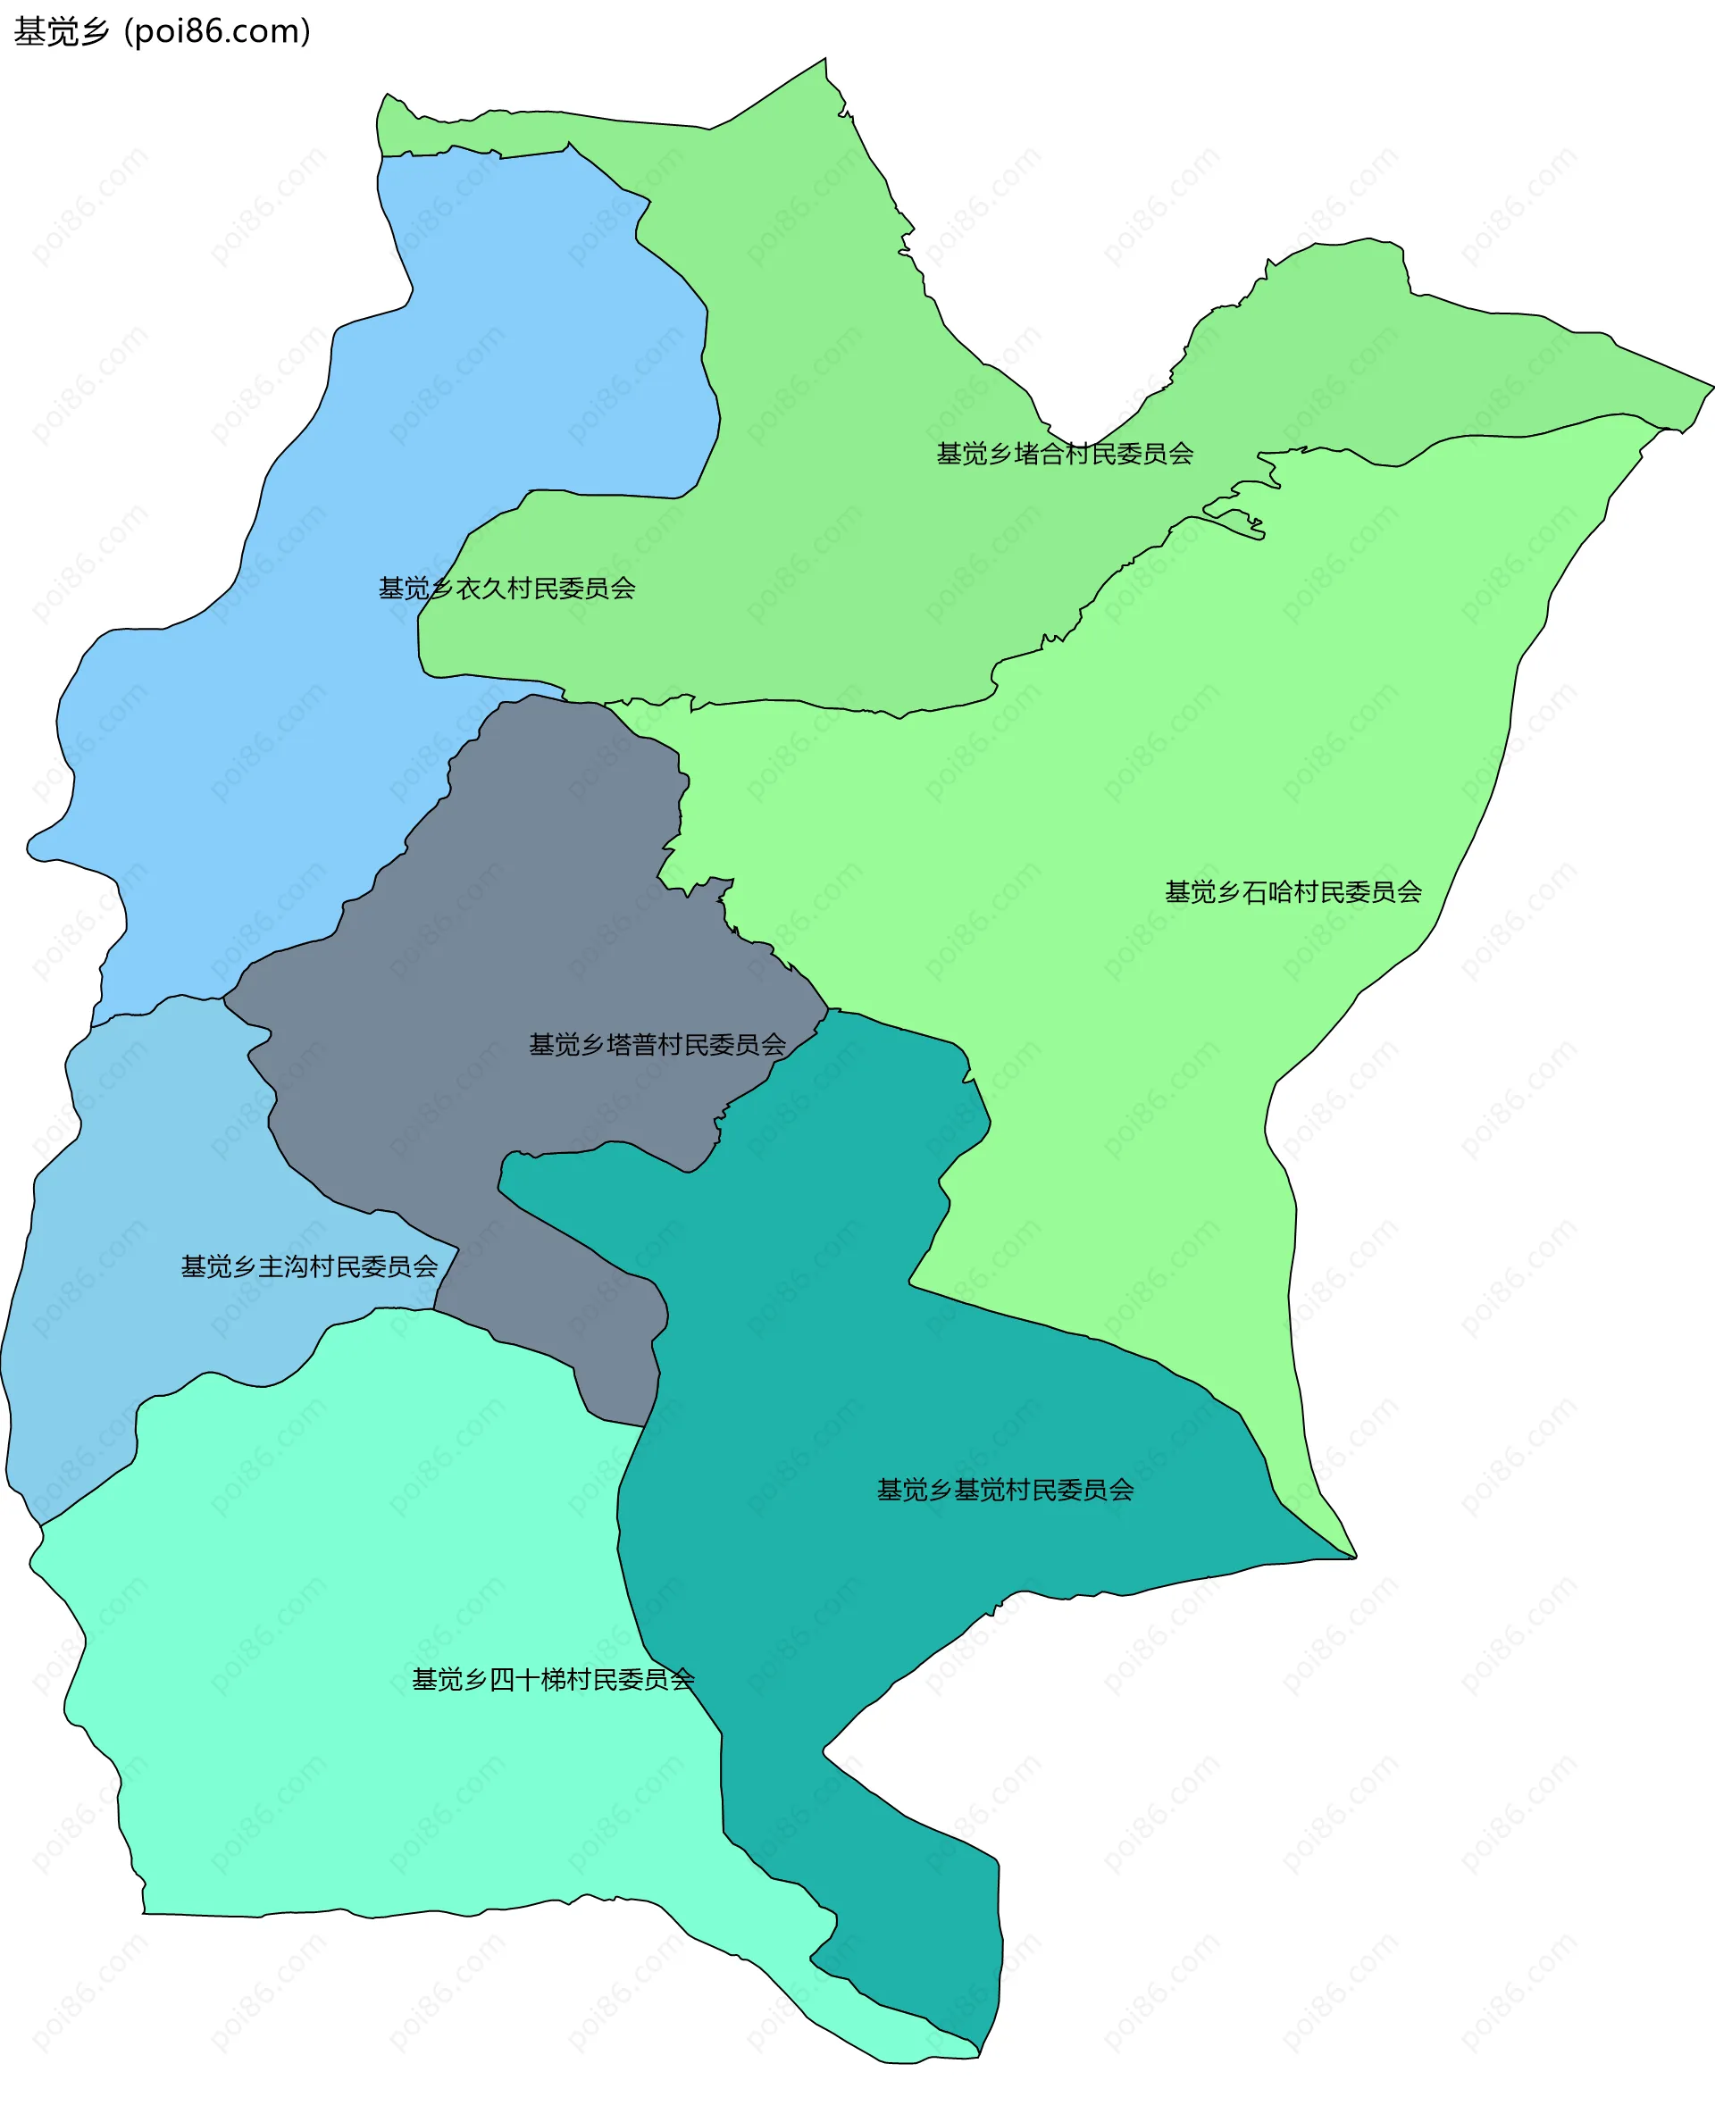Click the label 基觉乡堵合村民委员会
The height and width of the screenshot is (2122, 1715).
coord(1064,454)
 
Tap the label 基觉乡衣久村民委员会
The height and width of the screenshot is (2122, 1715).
coord(506,588)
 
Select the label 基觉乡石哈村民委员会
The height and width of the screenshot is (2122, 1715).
coord(1293,892)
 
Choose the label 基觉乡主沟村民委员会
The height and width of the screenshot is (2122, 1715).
coord(309,1266)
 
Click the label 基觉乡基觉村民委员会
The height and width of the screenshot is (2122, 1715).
coord(1005,1490)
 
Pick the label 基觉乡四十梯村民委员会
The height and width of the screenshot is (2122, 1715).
coord(553,1679)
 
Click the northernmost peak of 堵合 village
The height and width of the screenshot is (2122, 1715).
coord(825,62)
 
